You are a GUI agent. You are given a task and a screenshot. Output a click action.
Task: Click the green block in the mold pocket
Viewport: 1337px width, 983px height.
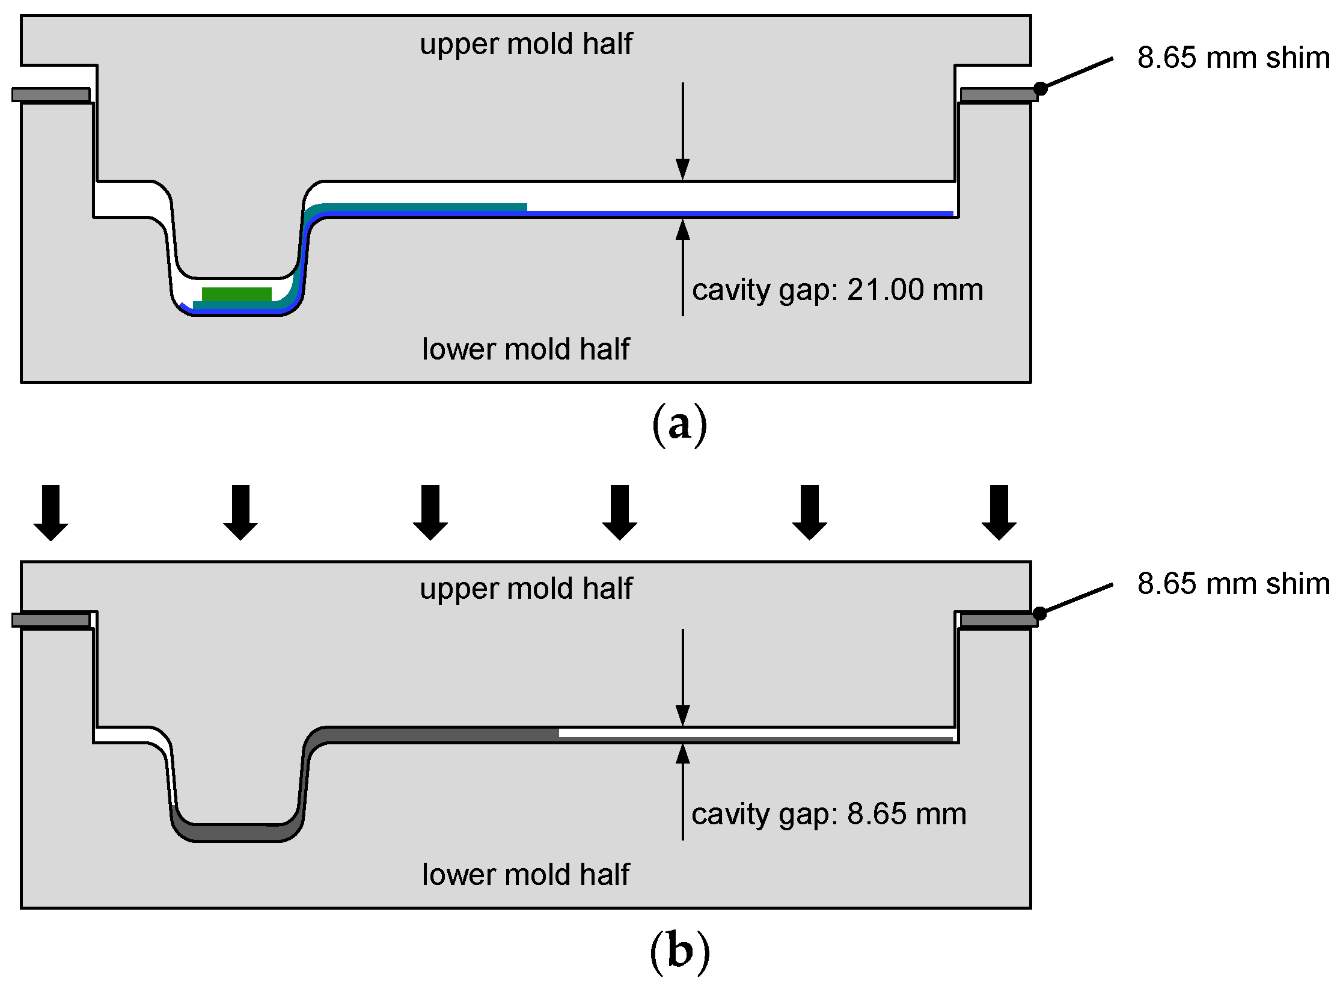(x=236, y=295)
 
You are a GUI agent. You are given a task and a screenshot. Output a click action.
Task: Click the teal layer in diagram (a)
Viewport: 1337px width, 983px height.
(x=421, y=207)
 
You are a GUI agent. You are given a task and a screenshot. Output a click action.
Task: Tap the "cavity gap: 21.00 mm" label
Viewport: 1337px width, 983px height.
(x=837, y=290)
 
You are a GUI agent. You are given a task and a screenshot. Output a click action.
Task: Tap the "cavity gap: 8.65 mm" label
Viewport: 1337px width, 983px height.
(x=828, y=815)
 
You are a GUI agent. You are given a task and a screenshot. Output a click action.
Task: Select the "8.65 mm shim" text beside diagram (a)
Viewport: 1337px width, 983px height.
(x=1233, y=58)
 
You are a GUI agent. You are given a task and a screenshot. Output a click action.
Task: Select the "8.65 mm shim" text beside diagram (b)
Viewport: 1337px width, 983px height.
(x=1233, y=584)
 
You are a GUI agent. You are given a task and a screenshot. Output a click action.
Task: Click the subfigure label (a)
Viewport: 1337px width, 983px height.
(x=679, y=425)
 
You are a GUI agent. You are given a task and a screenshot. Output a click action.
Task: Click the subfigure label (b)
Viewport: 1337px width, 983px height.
(x=679, y=952)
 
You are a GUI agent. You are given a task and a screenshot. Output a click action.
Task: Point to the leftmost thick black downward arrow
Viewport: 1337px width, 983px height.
(x=51, y=512)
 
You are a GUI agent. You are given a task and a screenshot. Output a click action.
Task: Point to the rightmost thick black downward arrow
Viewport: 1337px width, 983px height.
(x=999, y=512)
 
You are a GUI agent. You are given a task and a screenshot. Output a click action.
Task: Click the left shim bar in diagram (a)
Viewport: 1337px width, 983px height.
(x=51, y=95)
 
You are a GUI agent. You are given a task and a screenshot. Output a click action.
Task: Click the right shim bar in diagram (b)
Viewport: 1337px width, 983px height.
(x=998, y=620)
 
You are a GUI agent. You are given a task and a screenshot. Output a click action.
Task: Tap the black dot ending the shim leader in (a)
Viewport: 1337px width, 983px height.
(x=1040, y=88)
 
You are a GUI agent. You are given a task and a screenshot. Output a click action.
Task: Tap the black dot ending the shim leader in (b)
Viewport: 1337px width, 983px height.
(x=1039, y=613)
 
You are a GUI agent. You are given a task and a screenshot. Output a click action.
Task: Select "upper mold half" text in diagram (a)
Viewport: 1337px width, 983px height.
(x=525, y=44)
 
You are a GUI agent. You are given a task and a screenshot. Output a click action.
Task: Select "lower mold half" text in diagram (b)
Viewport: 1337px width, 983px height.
(x=525, y=875)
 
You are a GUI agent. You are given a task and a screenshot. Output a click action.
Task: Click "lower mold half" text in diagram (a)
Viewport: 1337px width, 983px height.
(x=525, y=349)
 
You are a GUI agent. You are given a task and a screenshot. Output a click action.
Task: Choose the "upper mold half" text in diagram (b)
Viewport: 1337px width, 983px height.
(x=525, y=589)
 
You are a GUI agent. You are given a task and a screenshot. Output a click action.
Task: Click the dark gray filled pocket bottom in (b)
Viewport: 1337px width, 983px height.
(x=237, y=833)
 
